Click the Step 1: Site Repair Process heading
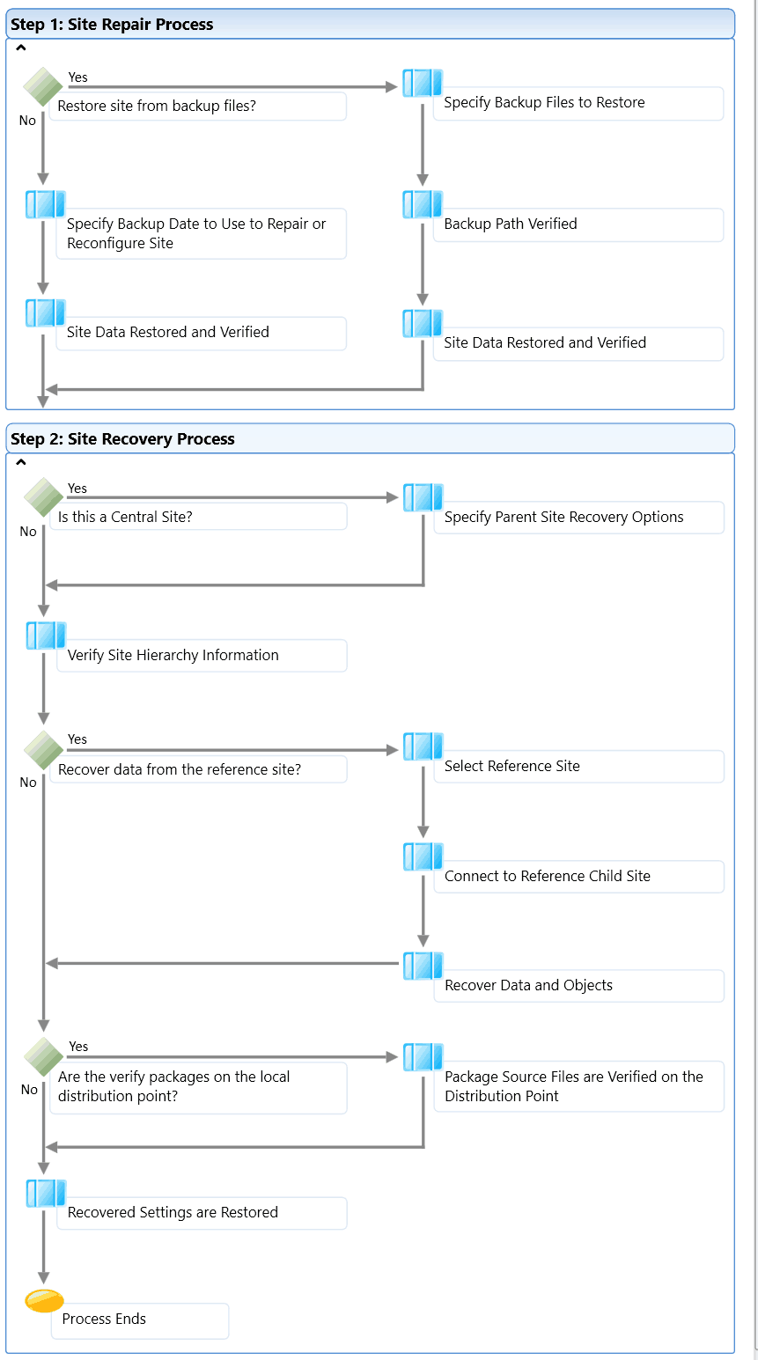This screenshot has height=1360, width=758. tap(112, 25)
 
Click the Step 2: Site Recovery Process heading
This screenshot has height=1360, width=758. tap(122, 439)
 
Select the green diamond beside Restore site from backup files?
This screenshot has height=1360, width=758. tap(43, 87)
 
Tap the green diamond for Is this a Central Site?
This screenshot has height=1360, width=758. tap(44, 497)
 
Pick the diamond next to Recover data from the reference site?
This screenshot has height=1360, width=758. tap(44, 750)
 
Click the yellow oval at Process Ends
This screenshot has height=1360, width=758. tap(44, 1300)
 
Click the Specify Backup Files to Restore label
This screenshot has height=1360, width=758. tap(544, 103)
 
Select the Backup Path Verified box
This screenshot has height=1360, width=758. tap(578, 224)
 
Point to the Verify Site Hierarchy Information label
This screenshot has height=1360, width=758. tap(173, 655)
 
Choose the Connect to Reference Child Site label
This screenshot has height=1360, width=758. tap(548, 876)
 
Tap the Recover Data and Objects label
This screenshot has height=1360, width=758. tap(528, 985)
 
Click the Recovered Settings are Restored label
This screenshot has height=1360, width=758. tap(173, 1212)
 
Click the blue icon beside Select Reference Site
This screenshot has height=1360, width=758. tap(423, 746)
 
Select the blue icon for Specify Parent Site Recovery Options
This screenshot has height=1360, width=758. tap(423, 497)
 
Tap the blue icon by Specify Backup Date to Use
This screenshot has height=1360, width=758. tap(46, 204)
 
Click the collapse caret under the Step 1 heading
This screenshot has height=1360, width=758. tap(20, 48)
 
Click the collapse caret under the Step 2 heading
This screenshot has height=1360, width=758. tap(20, 462)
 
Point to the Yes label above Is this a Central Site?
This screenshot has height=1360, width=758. tap(77, 489)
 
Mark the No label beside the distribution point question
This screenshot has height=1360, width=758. tap(29, 1089)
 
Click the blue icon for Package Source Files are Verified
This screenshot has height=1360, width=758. tap(423, 1057)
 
